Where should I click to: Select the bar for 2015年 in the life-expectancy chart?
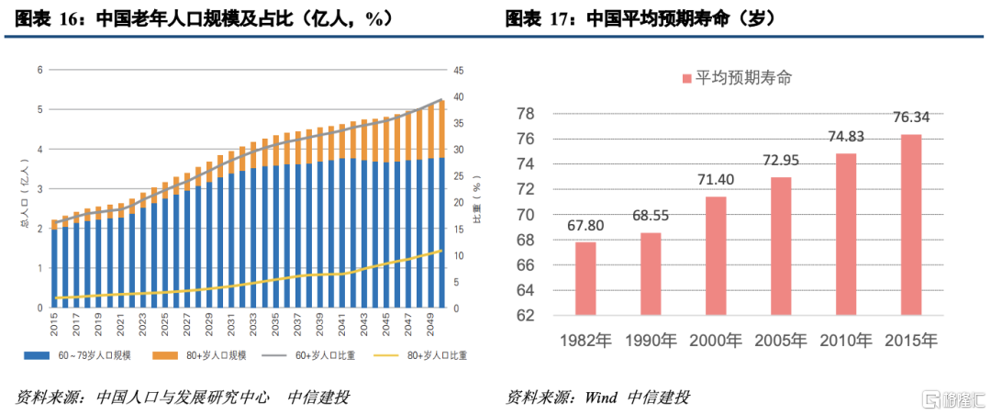[910, 225]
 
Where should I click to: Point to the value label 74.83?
[845, 136]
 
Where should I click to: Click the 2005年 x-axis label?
[781, 341]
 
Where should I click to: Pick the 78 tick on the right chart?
[525, 114]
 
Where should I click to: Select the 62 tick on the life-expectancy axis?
[525, 315]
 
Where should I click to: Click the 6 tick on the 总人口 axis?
[39, 70]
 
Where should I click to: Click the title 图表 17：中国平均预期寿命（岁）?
[640, 17]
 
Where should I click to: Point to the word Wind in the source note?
[600, 397]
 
